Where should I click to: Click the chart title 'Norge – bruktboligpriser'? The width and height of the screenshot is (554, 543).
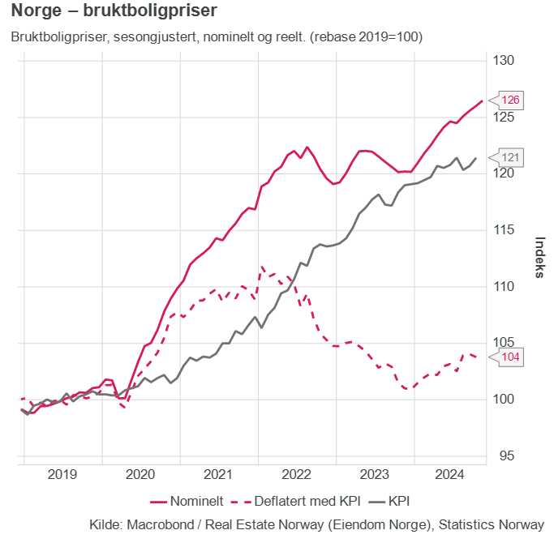tap(114, 13)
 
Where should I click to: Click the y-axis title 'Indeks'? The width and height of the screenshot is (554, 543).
tap(539, 258)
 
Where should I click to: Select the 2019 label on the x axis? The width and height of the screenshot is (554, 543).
tap(62, 474)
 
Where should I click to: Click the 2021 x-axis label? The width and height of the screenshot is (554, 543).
tap(218, 474)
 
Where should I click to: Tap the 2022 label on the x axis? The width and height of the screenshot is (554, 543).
tap(296, 474)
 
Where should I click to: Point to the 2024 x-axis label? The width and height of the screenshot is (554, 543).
tap(451, 474)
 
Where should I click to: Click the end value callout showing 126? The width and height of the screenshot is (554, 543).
tap(511, 100)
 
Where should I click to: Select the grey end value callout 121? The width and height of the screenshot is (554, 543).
tap(511, 157)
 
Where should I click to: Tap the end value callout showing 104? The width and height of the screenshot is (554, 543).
tap(511, 357)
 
